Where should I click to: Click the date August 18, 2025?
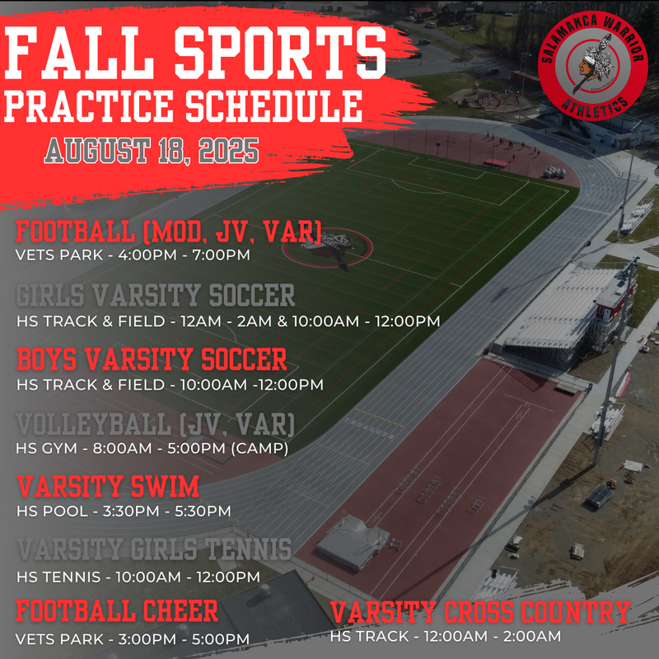152,151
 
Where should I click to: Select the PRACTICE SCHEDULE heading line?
184,105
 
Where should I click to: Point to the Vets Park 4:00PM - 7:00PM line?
133,255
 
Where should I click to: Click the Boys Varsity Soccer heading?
152,360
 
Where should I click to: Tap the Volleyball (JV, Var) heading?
155,425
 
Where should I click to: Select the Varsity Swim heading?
107,486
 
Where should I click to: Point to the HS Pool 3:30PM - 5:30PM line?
124,511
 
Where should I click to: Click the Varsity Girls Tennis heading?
154,549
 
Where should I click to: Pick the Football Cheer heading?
117,612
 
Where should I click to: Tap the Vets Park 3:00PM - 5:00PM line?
133,639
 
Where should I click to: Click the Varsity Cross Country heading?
480,612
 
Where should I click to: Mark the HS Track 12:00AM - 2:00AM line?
446,636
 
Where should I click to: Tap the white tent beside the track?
353,541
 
